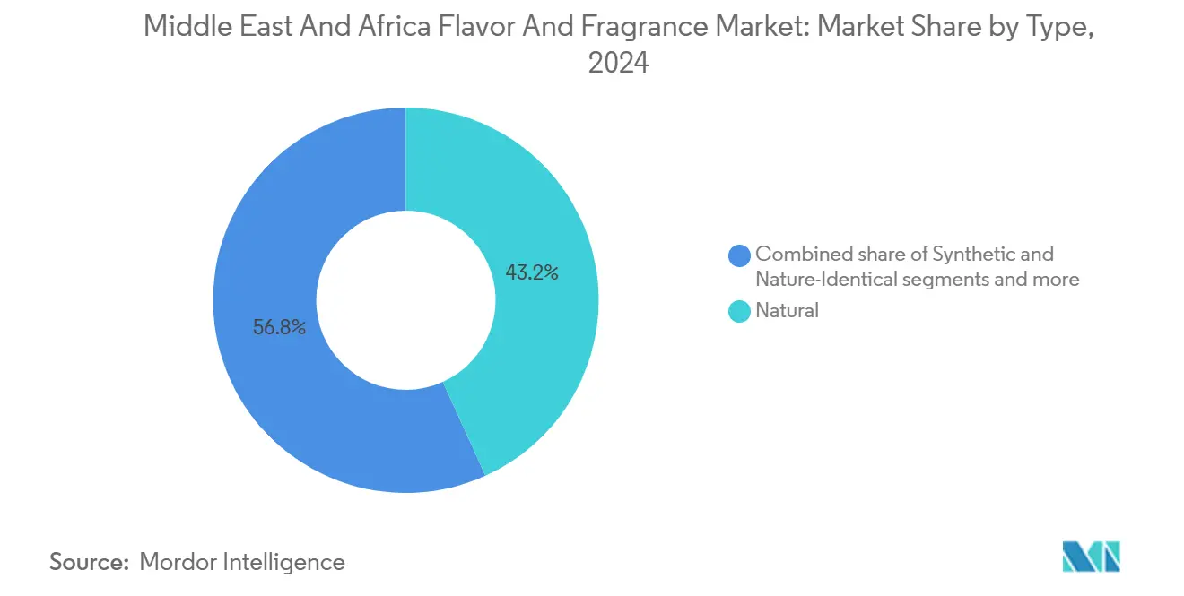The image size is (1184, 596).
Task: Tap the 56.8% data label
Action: (280, 327)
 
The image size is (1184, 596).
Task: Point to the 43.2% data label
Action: (532, 273)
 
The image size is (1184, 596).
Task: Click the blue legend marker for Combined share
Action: (740, 255)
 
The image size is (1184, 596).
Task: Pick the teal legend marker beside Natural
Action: (740, 312)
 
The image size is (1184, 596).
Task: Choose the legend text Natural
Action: (787, 311)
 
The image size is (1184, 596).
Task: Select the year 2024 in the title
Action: (618, 63)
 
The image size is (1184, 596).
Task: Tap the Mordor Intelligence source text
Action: (242, 562)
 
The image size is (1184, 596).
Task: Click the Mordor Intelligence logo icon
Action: (1091, 557)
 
